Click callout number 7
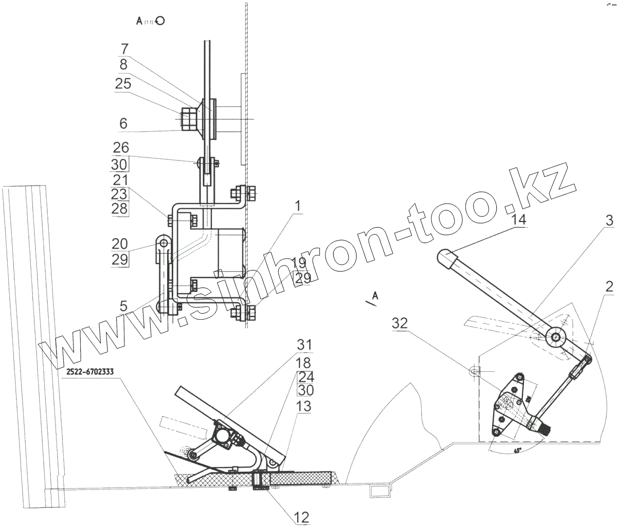pyautogui.click(x=124, y=49)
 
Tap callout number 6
pyautogui.click(x=123, y=124)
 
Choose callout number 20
pyautogui.click(x=120, y=243)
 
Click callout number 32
pyautogui.click(x=401, y=324)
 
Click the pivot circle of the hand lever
pyautogui.click(x=556, y=337)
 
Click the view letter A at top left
pyautogui.click(x=139, y=21)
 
